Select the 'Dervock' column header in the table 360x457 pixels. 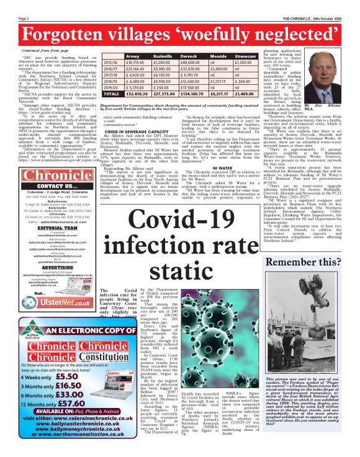coord(193,55)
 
